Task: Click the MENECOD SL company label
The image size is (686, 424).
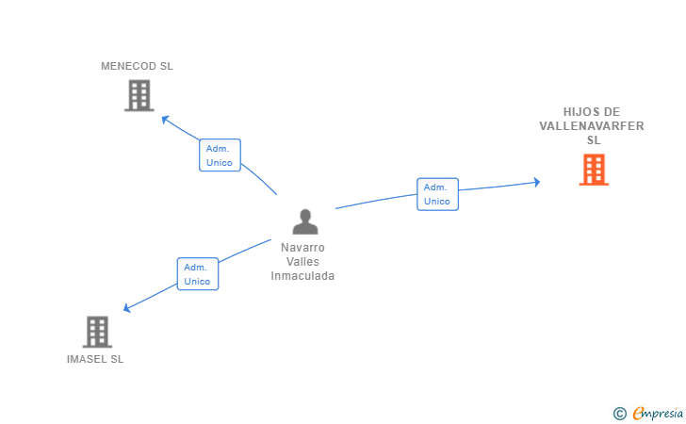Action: pos(138,66)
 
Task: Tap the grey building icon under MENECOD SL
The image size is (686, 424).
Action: pos(139,95)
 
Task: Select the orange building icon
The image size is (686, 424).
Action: pos(594,170)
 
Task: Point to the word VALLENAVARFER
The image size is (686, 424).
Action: pos(593,125)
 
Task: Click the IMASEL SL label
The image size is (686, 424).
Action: pos(95,359)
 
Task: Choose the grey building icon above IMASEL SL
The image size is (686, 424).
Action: pos(97,332)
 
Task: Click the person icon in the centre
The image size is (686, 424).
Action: pos(304,221)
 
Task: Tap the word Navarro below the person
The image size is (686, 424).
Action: pos(303,248)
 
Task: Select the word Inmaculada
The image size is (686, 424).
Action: pos(303,276)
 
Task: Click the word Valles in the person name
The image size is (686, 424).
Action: pos(303,262)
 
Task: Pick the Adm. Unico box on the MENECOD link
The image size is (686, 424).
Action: pos(220,155)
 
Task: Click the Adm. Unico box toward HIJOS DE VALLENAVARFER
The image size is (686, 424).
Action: pos(437,194)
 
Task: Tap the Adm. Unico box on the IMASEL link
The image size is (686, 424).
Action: pos(198,274)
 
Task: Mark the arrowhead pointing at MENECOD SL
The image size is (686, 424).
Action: pos(165,119)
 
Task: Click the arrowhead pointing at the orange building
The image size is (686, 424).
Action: pos(536,182)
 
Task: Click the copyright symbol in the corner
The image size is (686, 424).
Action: pos(619,413)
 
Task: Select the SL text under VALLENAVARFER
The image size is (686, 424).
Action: pos(594,139)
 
